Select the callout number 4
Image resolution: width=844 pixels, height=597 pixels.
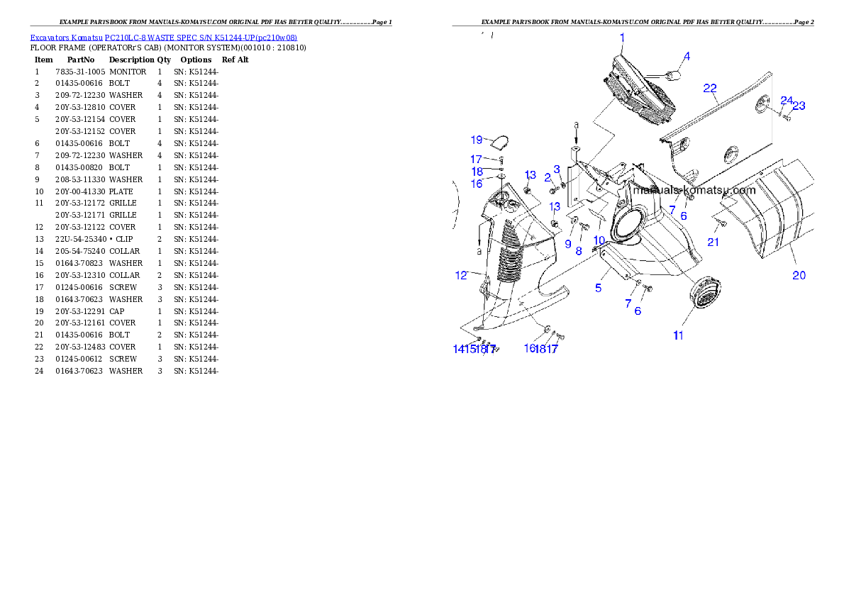point(687,56)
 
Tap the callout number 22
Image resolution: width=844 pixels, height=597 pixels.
point(710,88)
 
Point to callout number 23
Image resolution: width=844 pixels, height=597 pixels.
point(799,106)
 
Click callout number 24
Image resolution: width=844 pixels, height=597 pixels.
point(786,100)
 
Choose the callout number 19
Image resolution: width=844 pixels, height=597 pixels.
point(476,139)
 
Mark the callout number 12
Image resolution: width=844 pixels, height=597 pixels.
point(461,275)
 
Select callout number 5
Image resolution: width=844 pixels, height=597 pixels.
point(599,288)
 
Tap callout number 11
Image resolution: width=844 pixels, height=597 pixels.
point(678,335)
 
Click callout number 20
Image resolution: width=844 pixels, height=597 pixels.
point(799,275)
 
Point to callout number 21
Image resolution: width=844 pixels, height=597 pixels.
point(713,242)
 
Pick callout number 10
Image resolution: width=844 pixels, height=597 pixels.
point(599,240)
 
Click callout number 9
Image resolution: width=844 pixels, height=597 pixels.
point(568,243)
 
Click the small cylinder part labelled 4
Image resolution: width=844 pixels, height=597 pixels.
point(672,73)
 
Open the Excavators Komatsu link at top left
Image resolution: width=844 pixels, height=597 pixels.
point(163,38)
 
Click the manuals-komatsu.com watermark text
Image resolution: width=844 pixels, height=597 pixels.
point(694,190)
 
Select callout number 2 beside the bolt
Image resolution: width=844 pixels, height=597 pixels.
point(548,176)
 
